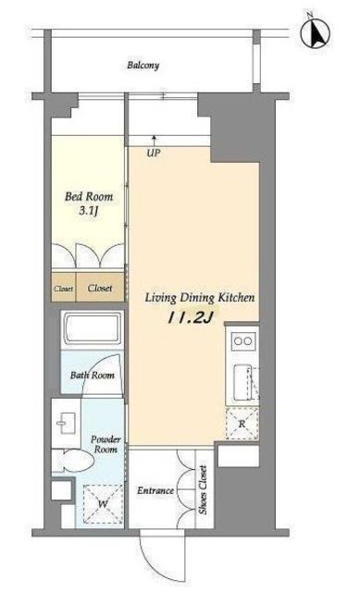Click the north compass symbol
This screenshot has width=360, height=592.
tap(315, 33)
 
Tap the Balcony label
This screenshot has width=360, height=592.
tap(143, 66)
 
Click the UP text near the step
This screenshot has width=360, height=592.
tap(154, 153)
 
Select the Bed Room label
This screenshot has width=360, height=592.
tap(89, 196)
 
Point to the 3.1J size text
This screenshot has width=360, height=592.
tap(89, 211)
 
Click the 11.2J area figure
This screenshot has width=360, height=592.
tap(191, 318)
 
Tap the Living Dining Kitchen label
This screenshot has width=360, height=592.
tap(200, 298)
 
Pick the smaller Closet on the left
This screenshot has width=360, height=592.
tap(63, 289)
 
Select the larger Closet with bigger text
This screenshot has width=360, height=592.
tap(100, 288)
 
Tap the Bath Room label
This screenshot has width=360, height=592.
tap(93, 376)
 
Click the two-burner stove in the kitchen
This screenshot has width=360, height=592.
tap(242, 341)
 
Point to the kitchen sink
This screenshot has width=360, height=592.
tap(242, 382)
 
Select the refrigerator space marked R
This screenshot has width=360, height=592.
tap(242, 424)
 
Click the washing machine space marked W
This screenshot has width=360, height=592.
tap(103, 503)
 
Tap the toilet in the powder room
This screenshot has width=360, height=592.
tap(74, 461)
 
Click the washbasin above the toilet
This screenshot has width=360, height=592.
tap(67, 424)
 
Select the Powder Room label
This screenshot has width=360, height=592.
tap(106, 444)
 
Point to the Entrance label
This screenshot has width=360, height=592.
tap(155, 490)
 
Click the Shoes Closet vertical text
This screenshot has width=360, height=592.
tap(204, 489)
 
